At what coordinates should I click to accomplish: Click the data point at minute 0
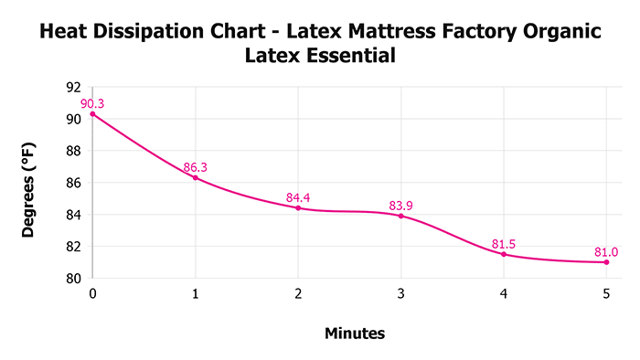(92, 113)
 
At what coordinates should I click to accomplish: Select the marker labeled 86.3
(196, 177)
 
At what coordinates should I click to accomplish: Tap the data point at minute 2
(298, 207)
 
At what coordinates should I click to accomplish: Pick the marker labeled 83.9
(400, 216)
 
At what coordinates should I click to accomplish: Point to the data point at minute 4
(504, 254)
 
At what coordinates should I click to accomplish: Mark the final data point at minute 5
(606, 262)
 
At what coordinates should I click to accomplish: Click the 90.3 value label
(92, 103)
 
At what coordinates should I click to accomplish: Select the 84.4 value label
(298, 196)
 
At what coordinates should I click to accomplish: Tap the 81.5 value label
(504, 243)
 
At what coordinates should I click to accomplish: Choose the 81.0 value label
(606, 251)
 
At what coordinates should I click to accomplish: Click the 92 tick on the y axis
(74, 87)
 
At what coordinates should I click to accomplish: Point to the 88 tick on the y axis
(74, 151)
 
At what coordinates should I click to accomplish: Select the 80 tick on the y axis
(74, 279)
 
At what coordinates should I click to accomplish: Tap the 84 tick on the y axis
(74, 215)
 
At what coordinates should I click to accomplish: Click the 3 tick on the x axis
(400, 293)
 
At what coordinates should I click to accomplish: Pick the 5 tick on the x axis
(606, 293)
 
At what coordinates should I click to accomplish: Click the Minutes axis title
(355, 334)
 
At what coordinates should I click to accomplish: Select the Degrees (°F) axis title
(28, 183)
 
